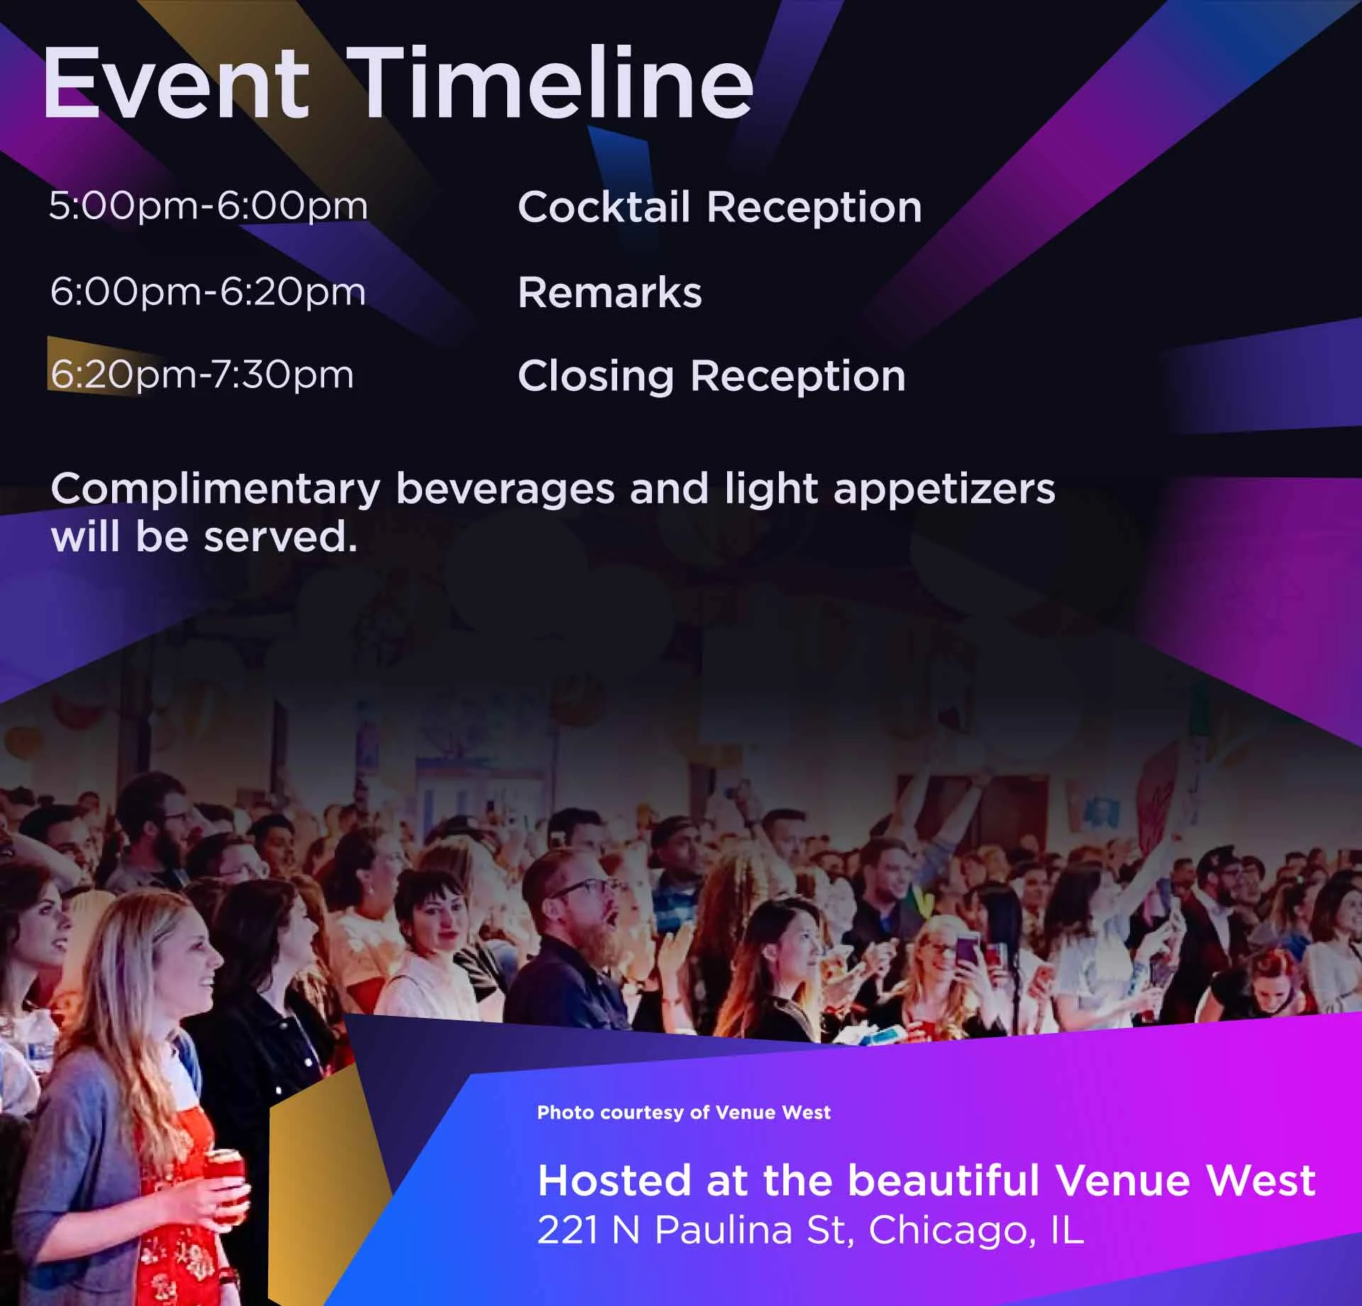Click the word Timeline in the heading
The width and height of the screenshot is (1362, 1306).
click(x=553, y=84)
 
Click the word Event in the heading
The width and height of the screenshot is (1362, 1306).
click(x=177, y=84)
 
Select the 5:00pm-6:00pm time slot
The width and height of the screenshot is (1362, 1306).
click(x=209, y=206)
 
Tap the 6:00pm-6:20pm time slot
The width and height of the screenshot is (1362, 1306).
click(x=208, y=292)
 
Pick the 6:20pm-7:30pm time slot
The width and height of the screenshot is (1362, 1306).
click(x=201, y=375)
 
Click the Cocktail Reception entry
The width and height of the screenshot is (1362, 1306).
click(x=719, y=207)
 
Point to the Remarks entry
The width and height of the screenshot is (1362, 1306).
click(x=610, y=292)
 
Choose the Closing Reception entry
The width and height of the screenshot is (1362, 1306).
click(x=712, y=376)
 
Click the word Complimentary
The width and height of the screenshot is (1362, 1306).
click(x=216, y=489)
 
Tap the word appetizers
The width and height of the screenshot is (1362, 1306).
click(x=944, y=489)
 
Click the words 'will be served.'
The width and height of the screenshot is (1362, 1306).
click(x=204, y=537)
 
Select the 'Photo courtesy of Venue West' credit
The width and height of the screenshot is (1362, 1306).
click(x=684, y=1112)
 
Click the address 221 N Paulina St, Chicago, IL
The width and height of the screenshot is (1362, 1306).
click(x=811, y=1229)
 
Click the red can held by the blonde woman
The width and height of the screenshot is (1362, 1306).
click(x=225, y=1178)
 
